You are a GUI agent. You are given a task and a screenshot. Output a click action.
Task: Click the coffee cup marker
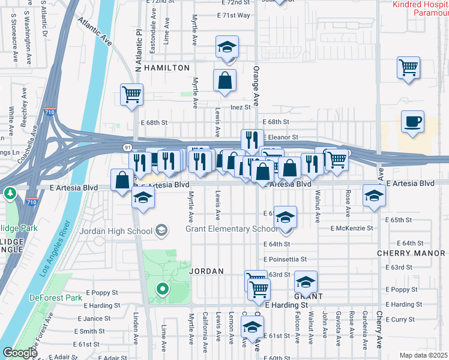pos(412,122)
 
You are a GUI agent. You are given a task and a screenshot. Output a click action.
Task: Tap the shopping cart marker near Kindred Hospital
pos(408,67)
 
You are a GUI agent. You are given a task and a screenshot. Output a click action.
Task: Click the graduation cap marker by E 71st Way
pos(228,47)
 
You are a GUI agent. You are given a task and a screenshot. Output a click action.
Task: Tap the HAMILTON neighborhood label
pos(166,68)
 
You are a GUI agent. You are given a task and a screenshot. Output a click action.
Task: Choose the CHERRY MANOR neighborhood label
pos(411,253)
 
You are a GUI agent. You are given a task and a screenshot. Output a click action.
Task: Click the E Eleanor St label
pos(280,137)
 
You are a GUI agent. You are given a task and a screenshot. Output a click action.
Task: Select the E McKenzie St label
pos(352,228)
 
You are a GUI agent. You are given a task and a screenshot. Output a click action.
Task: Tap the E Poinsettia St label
pos(285,259)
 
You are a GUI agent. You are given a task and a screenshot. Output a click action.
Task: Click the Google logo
pos(19,353)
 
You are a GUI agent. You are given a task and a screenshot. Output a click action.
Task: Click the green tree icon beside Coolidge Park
pos(10,194)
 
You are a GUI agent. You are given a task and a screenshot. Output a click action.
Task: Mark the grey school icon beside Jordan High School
pos(161,230)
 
